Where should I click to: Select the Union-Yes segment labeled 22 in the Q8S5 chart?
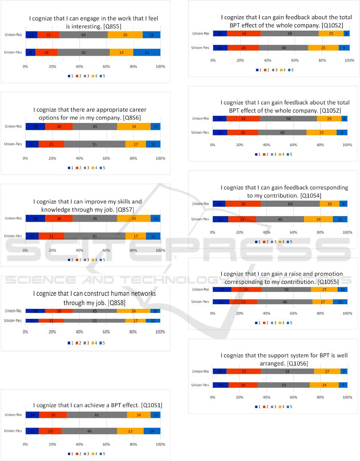click(x=147, y=52)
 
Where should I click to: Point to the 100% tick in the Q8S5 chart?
click(x=160, y=66)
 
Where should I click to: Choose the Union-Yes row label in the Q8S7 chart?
click(x=13, y=236)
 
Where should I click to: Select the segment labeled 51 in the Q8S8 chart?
click(x=94, y=320)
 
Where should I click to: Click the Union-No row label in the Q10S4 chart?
click(x=200, y=204)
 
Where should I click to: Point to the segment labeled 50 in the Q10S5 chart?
click(x=286, y=289)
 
